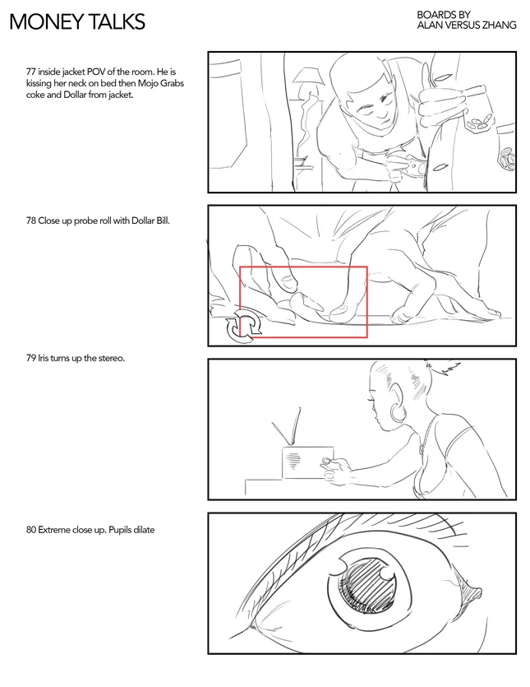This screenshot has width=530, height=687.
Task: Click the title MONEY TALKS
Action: tap(77, 21)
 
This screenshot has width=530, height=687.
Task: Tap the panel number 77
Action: tap(30, 72)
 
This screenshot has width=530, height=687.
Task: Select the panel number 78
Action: tap(30, 220)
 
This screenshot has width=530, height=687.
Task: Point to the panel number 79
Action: tap(30, 358)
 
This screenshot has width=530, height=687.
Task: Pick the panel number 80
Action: tap(30, 530)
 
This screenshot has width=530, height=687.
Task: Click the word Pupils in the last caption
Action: tap(120, 530)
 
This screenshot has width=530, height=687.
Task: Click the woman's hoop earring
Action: tap(398, 413)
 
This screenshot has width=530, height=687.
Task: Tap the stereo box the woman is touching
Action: tap(307, 462)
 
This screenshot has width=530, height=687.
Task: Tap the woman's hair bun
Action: tap(441, 367)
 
